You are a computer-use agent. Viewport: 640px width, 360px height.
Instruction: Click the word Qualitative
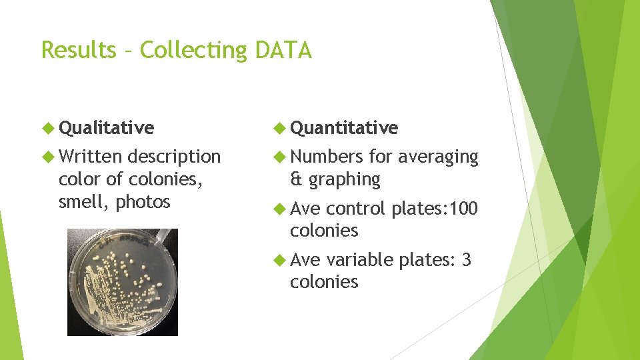coord(106,127)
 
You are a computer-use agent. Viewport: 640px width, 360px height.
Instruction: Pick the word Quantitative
coord(344,127)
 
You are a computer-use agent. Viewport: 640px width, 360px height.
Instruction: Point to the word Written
coord(90,157)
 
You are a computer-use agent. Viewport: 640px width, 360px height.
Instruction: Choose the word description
coord(173,157)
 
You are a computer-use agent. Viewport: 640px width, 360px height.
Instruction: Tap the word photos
coord(143,202)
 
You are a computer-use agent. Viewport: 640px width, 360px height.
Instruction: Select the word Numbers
coord(327,157)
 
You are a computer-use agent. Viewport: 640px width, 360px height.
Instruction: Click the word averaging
coord(438,157)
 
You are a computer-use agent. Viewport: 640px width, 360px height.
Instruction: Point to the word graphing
coord(345,180)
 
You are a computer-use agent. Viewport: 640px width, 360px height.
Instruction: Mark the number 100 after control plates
coord(463,209)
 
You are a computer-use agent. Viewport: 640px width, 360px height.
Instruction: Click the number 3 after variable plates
coord(466,260)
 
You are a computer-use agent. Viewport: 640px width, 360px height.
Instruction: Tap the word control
coord(356,209)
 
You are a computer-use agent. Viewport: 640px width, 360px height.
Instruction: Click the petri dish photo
coord(123,282)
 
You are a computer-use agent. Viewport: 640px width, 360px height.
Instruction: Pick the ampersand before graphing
coord(296,179)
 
